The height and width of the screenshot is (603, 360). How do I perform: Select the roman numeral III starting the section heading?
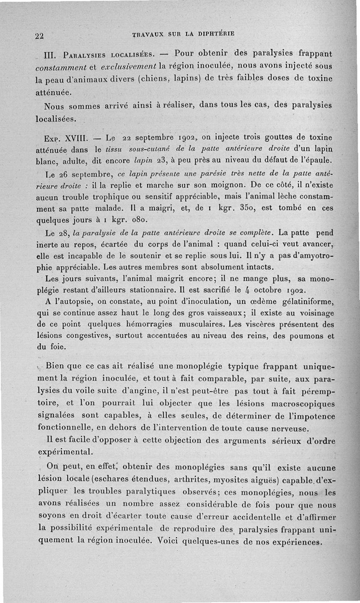[x=48, y=58]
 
